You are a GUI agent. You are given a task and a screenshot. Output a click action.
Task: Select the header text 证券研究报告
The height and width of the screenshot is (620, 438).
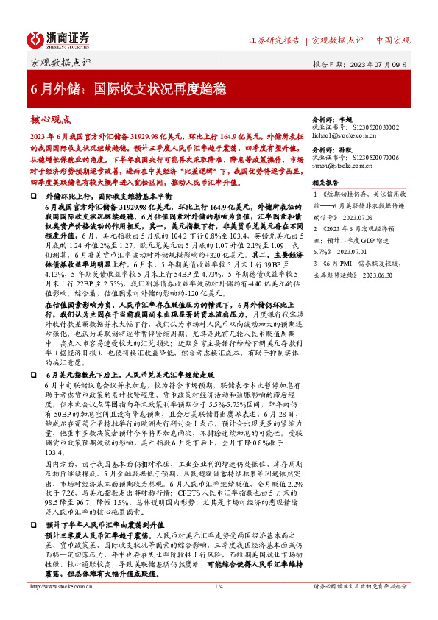point(274,40)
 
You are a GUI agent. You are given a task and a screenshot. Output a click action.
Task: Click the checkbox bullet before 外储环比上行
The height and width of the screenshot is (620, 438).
point(34,198)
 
